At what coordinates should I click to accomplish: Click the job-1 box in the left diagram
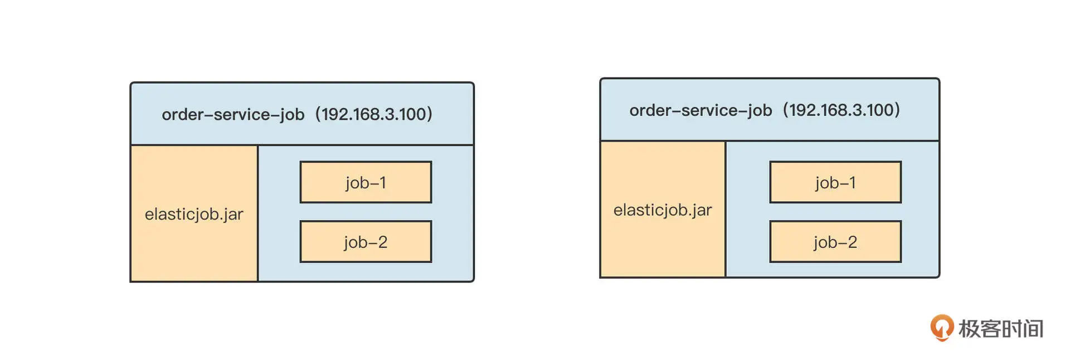pyautogui.click(x=366, y=182)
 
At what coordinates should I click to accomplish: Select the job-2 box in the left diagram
pyautogui.click(x=366, y=242)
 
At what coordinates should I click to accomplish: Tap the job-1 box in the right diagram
pyautogui.click(x=835, y=182)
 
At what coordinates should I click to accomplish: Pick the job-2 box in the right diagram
pyautogui.click(x=835, y=242)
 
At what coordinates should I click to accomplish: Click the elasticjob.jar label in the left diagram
pyautogui.click(x=194, y=215)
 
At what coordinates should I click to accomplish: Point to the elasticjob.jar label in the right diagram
pyautogui.click(x=663, y=211)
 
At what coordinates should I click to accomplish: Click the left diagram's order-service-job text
pyautogui.click(x=233, y=115)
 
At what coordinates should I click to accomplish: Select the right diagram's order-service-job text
pyautogui.click(x=701, y=111)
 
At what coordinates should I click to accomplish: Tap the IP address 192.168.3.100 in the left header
pyautogui.click(x=373, y=114)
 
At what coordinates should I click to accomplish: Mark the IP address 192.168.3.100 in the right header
pyautogui.click(x=841, y=110)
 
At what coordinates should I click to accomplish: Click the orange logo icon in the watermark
pyautogui.click(x=942, y=328)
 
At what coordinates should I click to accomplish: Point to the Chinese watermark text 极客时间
pyautogui.click(x=1001, y=329)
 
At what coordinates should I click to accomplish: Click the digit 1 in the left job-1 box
pyautogui.click(x=382, y=182)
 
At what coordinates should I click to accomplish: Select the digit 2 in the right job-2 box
pyautogui.click(x=852, y=242)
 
